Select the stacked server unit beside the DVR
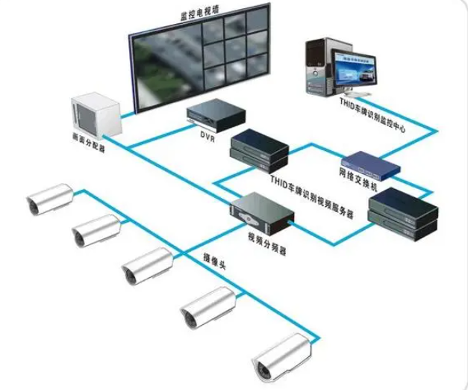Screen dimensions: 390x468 (258, 149)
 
